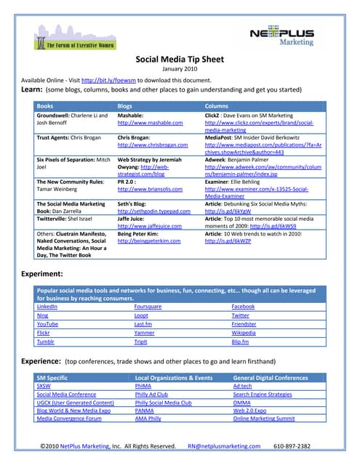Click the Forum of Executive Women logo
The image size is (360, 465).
(x=81, y=37)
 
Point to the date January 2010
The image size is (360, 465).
(x=180, y=70)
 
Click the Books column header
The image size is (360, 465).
(x=45, y=106)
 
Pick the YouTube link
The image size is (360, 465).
(x=48, y=325)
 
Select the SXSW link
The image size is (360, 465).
(x=44, y=387)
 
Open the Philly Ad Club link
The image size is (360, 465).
(x=152, y=395)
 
